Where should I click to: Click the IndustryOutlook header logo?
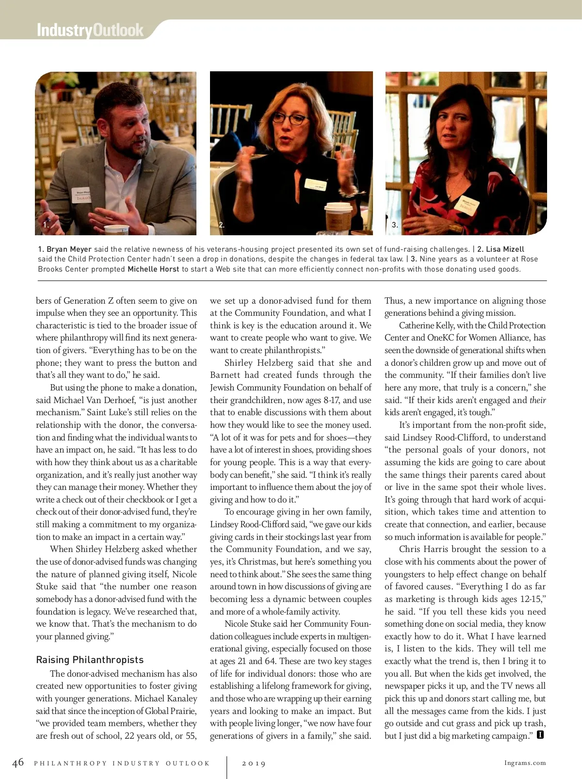coord(90,30)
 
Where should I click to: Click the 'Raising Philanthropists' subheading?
coord(90,660)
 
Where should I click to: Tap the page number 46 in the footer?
coord(18,763)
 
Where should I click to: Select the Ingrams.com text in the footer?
coord(525,763)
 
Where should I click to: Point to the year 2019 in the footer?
coord(254,763)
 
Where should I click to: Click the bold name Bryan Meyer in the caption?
coord(69,249)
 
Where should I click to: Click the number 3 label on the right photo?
coord(395,225)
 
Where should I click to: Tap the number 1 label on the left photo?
coord(46,225)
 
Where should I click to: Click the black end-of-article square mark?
coord(540,735)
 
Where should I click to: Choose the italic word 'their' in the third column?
coord(537,400)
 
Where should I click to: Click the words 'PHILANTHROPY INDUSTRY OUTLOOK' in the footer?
coord(122,763)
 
